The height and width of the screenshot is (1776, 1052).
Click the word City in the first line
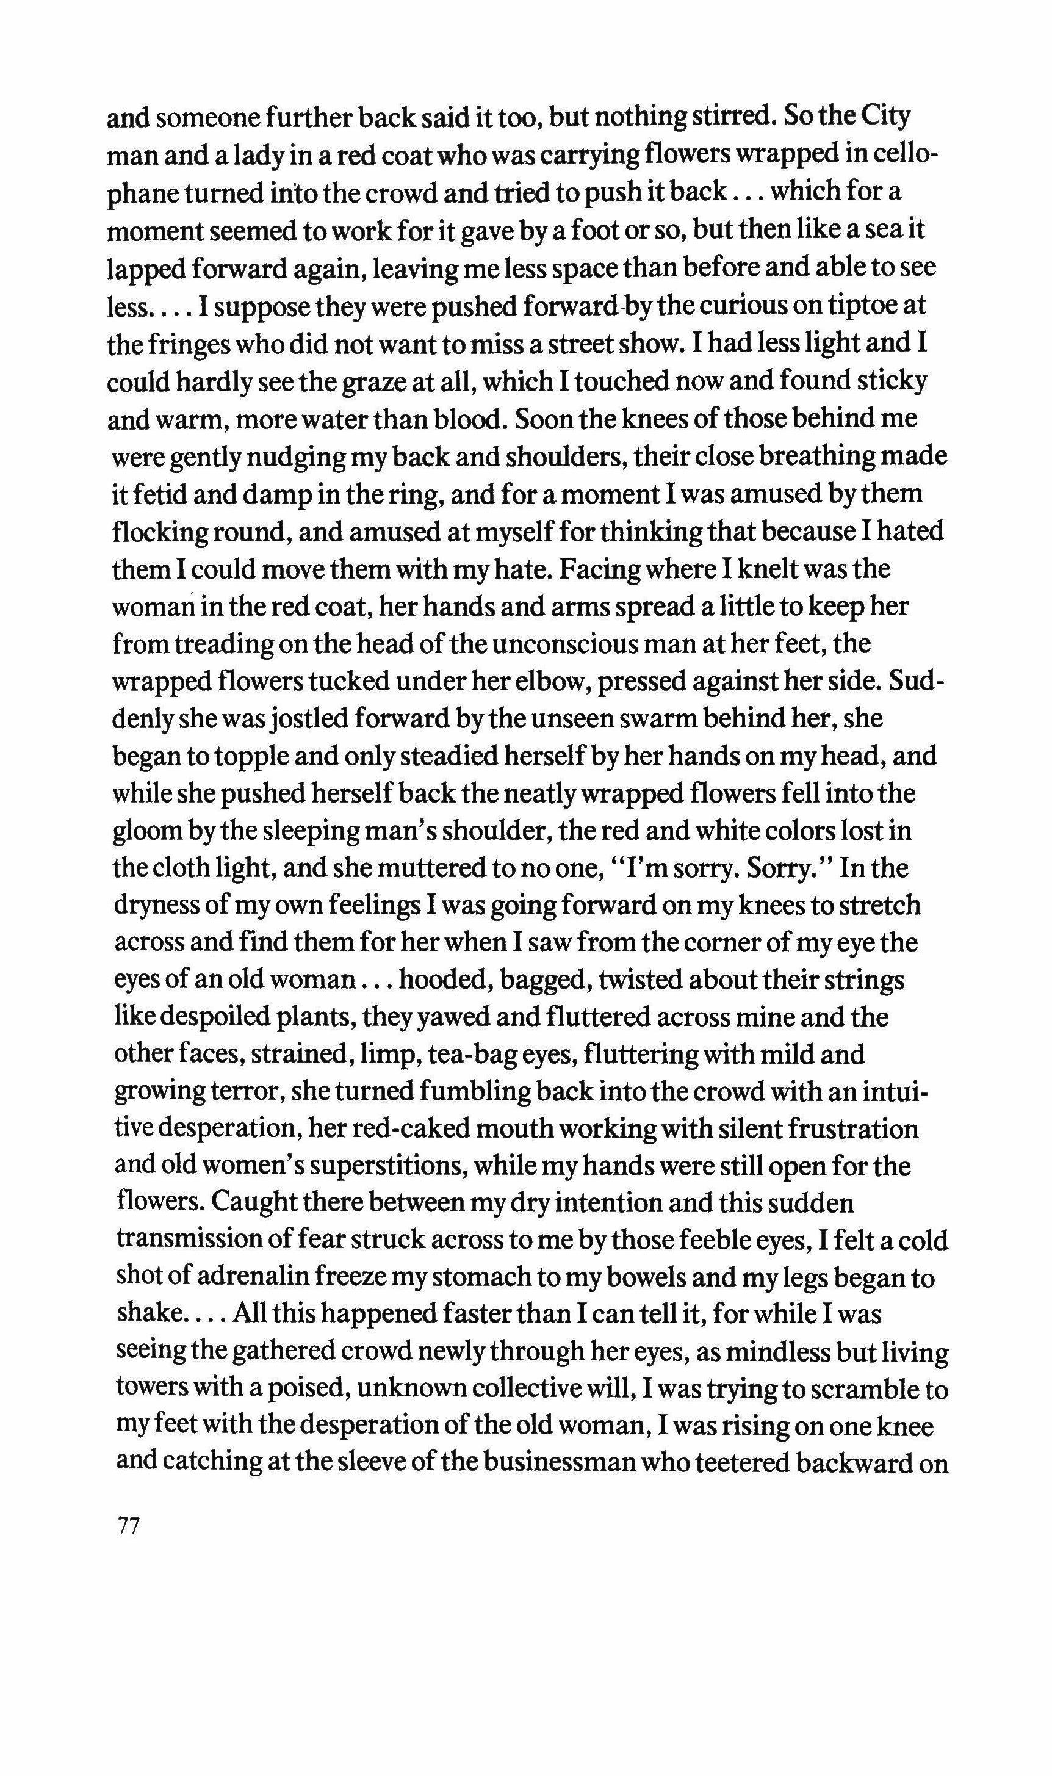click(x=884, y=118)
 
